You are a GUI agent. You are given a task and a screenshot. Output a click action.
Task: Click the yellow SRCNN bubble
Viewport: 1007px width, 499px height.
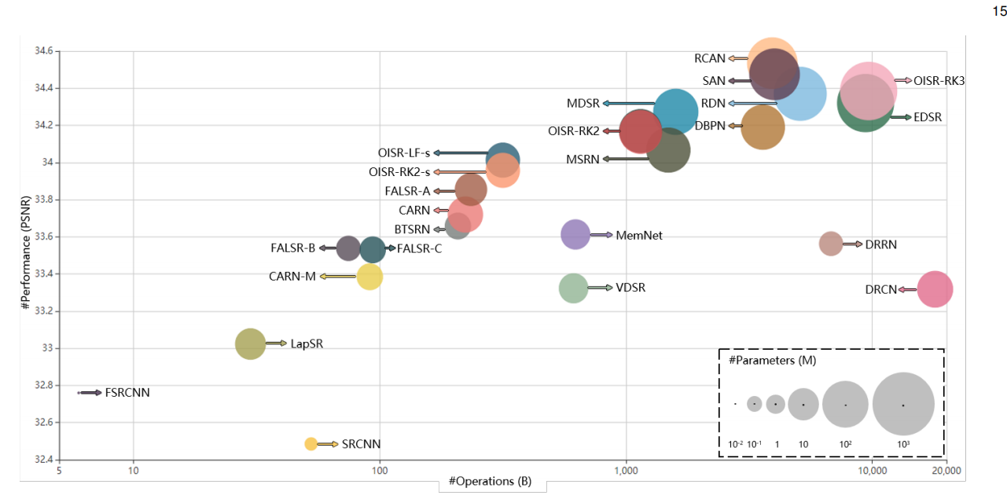pyautogui.click(x=311, y=444)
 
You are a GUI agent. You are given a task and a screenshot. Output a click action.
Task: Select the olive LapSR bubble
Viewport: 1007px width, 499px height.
pyautogui.click(x=251, y=343)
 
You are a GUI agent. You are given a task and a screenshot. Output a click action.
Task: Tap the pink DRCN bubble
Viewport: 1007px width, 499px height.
pyautogui.click(x=935, y=289)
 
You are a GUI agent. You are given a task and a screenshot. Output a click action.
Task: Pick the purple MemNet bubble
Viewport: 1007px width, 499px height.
pyautogui.click(x=575, y=234)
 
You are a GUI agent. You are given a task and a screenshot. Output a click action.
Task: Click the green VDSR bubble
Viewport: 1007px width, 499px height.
pyautogui.click(x=574, y=288)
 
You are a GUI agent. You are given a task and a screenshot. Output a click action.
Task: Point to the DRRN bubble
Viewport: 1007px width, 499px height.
pyautogui.click(x=831, y=244)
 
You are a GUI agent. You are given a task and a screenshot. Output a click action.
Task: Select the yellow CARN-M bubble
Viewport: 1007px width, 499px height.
pyautogui.click(x=369, y=277)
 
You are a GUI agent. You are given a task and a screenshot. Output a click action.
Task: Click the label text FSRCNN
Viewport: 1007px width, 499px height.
pyautogui.click(x=127, y=392)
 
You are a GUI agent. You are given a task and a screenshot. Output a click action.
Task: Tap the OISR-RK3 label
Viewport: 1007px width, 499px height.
pyautogui.click(x=939, y=80)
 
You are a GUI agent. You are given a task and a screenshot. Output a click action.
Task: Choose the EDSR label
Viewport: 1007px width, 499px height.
pyautogui.click(x=928, y=117)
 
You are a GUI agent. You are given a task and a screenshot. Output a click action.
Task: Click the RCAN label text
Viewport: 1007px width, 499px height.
pyautogui.click(x=710, y=58)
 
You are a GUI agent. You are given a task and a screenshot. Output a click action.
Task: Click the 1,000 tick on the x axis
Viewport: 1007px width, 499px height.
pyautogui.click(x=626, y=471)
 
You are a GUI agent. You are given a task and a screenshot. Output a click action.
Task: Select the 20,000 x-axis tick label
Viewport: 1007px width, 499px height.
pyautogui.click(x=946, y=471)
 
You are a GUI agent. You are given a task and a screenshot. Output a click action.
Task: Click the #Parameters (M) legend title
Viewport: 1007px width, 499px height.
pyautogui.click(x=771, y=361)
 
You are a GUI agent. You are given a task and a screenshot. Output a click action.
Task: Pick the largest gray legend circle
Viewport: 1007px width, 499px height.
pyautogui.click(x=903, y=404)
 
